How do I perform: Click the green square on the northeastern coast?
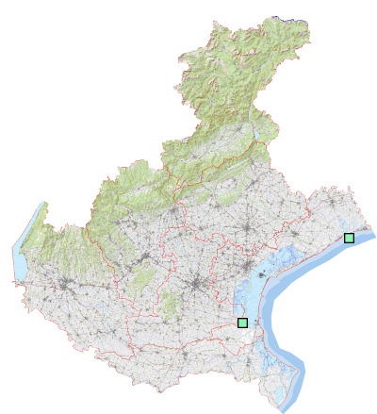[349, 238]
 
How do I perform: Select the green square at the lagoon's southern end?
[242, 323]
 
